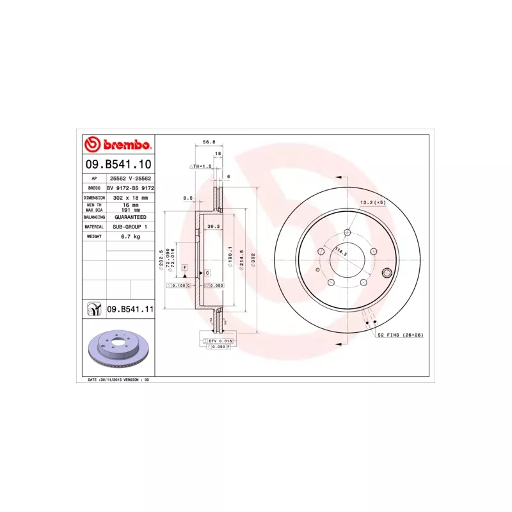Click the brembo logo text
123,145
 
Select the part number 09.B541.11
131,309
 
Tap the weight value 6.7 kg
131,236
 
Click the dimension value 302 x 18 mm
130,198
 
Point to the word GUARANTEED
131,217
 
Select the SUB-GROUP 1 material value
131,227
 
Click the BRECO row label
94,189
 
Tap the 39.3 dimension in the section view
214,226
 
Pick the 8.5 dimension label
188,198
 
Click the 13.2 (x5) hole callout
373,202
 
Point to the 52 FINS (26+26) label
400,335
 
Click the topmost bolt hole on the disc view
348,232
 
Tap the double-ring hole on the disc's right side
386,274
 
